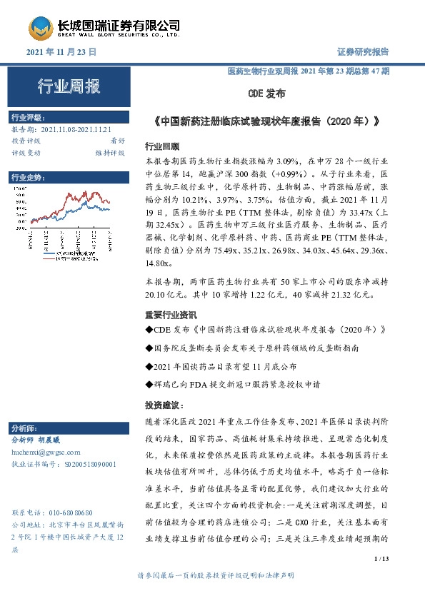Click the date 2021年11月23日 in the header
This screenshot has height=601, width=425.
point(61,53)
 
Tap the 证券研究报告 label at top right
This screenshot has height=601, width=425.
point(362,52)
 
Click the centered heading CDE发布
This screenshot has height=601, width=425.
point(266,94)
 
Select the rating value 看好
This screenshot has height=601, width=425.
point(118,141)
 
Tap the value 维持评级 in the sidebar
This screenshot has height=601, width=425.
point(111,153)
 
